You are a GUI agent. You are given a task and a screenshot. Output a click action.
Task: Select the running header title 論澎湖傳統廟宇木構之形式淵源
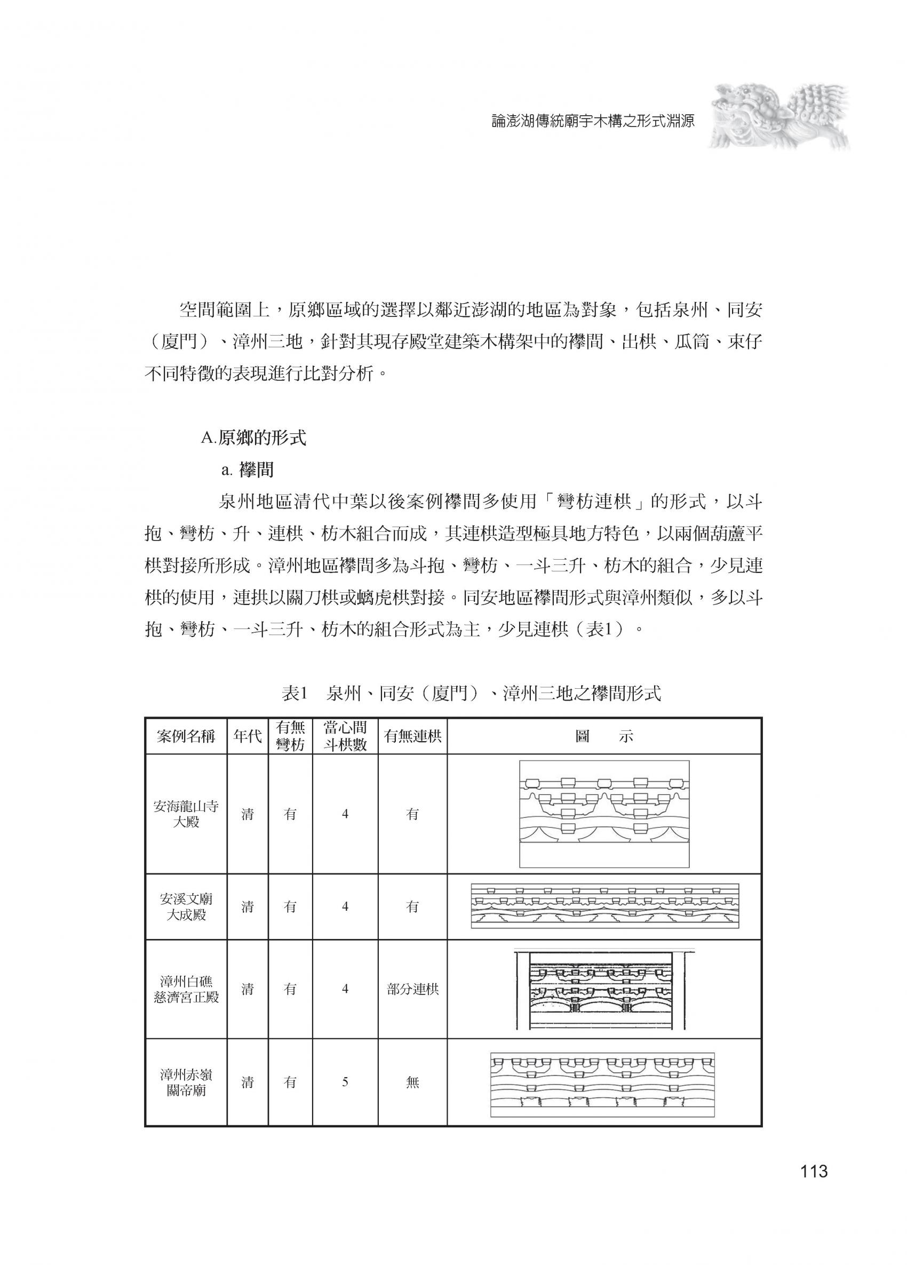593,122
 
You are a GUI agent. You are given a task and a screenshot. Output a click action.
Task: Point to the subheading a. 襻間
247,470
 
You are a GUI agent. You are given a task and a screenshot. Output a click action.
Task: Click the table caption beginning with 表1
471,693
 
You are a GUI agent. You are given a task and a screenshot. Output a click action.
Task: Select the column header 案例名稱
186,736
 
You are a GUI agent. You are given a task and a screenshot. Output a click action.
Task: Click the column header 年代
247,736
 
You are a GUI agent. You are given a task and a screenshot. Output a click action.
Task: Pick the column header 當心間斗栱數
345,736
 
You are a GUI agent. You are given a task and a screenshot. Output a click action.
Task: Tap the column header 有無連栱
412,736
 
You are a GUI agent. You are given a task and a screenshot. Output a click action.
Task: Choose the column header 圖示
604,736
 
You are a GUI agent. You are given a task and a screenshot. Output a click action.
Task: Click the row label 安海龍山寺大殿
186,814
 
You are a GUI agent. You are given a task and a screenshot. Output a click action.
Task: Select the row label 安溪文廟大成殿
186,907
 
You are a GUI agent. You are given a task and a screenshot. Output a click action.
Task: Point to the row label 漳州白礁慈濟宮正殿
186,989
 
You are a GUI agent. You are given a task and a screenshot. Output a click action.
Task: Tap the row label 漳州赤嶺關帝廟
186,1082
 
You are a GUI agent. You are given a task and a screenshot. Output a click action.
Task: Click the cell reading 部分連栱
412,989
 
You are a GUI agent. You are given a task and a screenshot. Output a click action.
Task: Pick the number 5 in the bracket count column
345,1082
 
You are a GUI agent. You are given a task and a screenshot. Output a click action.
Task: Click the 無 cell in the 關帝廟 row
412,1082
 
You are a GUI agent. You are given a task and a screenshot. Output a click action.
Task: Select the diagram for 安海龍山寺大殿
604,814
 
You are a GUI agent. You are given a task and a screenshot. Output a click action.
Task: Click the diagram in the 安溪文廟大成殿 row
604,906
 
